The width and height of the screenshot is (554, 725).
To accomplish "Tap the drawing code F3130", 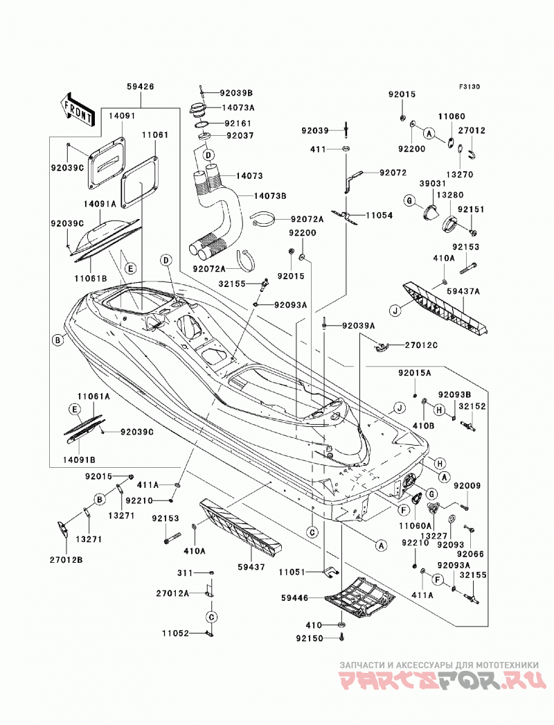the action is (x=470, y=86).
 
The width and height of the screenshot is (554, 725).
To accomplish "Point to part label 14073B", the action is (x=270, y=196).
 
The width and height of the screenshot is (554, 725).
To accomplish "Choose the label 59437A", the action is (x=463, y=291).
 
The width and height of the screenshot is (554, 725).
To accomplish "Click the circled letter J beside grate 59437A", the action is (x=395, y=311).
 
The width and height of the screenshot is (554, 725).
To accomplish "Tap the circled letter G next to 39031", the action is (x=409, y=201).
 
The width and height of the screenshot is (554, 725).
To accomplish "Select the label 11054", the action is (x=379, y=216).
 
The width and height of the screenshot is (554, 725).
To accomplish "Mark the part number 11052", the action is (x=176, y=634).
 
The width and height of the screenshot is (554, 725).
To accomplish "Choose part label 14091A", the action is (x=100, y=204).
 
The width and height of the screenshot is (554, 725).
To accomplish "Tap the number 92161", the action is (x=238, y=124).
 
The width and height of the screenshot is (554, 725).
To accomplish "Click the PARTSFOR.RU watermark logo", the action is (x=439, y=683).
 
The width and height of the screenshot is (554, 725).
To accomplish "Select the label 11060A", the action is (x=415, y=525).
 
